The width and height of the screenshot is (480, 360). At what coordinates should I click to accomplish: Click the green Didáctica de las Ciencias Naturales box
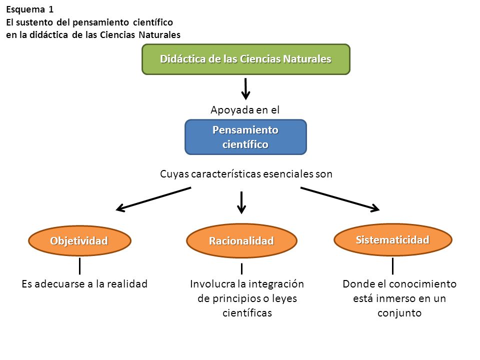click(x=246, y=59)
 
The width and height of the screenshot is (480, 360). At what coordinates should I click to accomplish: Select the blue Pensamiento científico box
click(x=245, y=137)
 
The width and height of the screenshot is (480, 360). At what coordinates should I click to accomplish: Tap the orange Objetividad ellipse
click(x=79, y=240)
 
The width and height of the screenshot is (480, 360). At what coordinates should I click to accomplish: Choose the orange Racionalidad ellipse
click(x=241, y=240)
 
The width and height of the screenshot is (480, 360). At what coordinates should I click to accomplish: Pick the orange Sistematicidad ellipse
click(x=393, y=239)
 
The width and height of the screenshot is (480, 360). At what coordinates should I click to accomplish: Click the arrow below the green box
click(x=245, y=89)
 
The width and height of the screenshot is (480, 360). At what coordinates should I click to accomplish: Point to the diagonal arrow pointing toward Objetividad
click(x=153, y=199)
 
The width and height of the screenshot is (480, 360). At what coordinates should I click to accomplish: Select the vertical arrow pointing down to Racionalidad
click(x=241, y=202)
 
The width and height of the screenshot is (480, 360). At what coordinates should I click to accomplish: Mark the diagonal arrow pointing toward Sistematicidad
click(x=340, y=199)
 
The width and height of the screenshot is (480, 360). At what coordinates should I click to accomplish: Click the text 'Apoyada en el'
click(x=245, y=110)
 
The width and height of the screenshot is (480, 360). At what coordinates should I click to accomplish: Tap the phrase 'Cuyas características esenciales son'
click(x=246, y=174)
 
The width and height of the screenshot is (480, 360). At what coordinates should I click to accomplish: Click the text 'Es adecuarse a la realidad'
click(x=84, y=284)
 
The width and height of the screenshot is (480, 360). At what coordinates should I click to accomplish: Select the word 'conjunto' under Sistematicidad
click(x=399, y=313)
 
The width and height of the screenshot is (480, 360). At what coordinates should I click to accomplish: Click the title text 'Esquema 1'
click(x=30, y=9)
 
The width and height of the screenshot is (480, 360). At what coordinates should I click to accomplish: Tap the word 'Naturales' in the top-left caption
click(x=159, y=35)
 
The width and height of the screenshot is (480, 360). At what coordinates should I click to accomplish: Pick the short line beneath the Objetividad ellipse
click(x=79, y=266)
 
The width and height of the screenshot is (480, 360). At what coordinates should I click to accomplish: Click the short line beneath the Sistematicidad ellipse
click(x=393, y=266)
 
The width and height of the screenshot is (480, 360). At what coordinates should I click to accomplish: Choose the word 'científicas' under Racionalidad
click(x=247, y=313)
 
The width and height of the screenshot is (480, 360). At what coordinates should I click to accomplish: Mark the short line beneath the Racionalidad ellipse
click(x=242, y=268)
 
